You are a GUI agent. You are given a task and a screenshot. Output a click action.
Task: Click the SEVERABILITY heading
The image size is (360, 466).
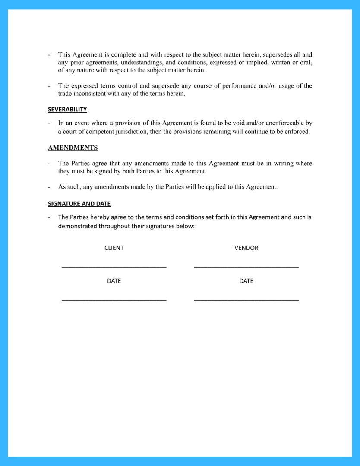tap(67, 110)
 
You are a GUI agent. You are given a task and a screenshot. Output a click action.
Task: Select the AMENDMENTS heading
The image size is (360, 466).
tap(73, 148)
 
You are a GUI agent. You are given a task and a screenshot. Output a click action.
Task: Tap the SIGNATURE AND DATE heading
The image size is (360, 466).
tap(79, 204)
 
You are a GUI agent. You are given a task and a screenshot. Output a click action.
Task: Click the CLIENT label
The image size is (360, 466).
tap(114, 248)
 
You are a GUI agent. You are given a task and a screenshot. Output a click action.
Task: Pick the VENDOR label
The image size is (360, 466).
tap(246, 248)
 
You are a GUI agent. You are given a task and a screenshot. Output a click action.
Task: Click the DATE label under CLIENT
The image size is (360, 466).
tap(114, 281)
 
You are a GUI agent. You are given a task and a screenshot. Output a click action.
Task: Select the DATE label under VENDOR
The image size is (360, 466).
tap(246, 281)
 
